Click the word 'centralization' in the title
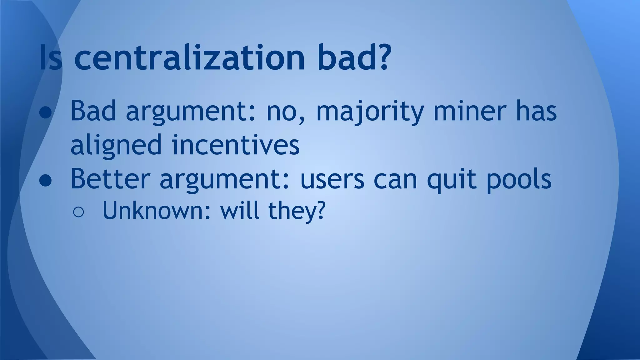(189, 57)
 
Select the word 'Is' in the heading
(50, 57)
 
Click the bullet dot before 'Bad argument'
(46, 112)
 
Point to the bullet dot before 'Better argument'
(46, 181)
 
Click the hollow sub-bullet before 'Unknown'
(78, 212)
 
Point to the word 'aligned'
(116, 146)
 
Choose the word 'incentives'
(236, 145)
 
